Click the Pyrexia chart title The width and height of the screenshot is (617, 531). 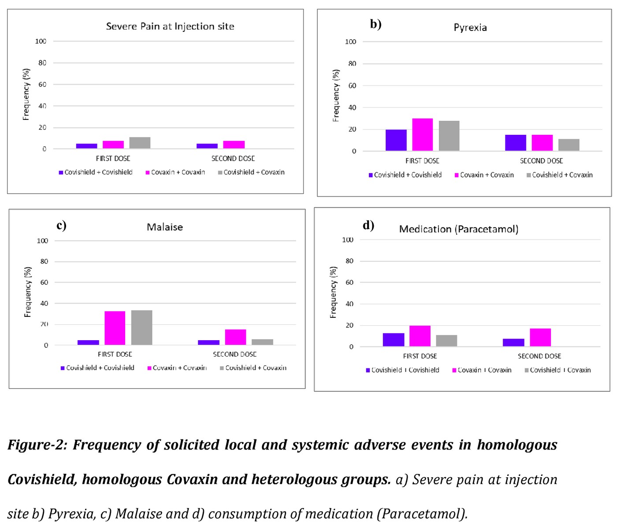pyautogui.click(x=470, y=28)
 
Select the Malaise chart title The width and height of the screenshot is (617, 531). pyautogui.click(x=165, y=227)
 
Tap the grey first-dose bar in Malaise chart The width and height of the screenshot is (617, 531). pyautogui.click(x=141, y=327)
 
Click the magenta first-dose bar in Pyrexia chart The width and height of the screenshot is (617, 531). pyautogui.click(x=422, y=134)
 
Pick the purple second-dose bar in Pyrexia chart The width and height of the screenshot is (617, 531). pyautogui.click(x=516, y=143)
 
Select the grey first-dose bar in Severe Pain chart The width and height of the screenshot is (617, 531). pyautogui.click(x=140, y=143)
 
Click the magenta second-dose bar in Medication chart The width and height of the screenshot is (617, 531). pyautogui.click(x=540, y=337)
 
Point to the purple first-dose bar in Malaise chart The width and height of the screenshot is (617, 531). pyautogui.click(x=88, y=342)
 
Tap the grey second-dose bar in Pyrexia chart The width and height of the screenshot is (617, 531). pyautogui.click(x=569, y=145)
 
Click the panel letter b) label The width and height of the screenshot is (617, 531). pyautogui.click(x=376, y=24)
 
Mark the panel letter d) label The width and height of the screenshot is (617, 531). pyautogui.click(x=368, y=225)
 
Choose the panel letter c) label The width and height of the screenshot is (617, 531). pyautogui.click(x=62, y=225)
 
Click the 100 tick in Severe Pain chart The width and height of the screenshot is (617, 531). pyautogui.click(x=41, y=41)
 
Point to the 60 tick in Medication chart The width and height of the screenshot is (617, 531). pyautogui.click(x=349, y=282)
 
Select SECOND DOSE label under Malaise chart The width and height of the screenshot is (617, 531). pyautogui.click(x=234, y=354)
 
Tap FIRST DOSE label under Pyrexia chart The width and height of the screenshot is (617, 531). pyautogui.click(x=422, y=161)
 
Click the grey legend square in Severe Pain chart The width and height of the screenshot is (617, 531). pyautogui.click(x=220, y=173)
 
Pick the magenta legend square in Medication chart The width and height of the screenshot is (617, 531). pyautogui.click(x=454, y=370)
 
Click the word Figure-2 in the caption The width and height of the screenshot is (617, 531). pyautogui.click(x=37, y=445)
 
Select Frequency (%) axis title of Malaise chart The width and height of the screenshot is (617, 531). pyautogui.click(x=27, y=292)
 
